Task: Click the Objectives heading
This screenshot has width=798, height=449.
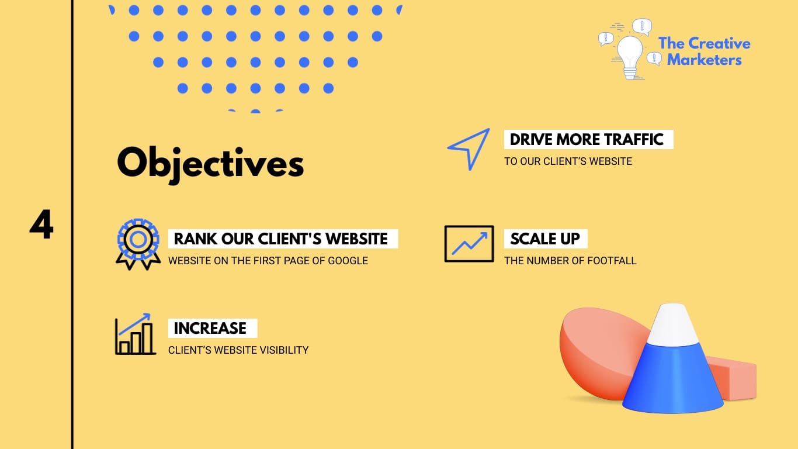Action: tap(210, 163)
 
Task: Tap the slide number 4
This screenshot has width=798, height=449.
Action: tap(41, 225)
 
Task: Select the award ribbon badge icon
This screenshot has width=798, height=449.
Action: tap(138, 244)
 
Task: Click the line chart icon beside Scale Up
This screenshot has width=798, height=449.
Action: tap(469, 243)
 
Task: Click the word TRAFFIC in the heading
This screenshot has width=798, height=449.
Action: tap(634, 140)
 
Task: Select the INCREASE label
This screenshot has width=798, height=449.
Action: tap(210, 328)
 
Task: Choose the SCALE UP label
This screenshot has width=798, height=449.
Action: tap(545, 239)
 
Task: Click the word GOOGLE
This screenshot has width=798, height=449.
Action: tap(348, 261)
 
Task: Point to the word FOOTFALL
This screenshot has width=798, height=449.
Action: tap(611, 261)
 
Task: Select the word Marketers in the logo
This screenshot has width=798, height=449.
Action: tap(705, 60)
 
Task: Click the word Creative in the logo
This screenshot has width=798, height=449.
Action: tap(719, 43)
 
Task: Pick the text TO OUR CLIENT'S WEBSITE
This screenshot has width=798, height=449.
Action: tap(568, 161)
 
